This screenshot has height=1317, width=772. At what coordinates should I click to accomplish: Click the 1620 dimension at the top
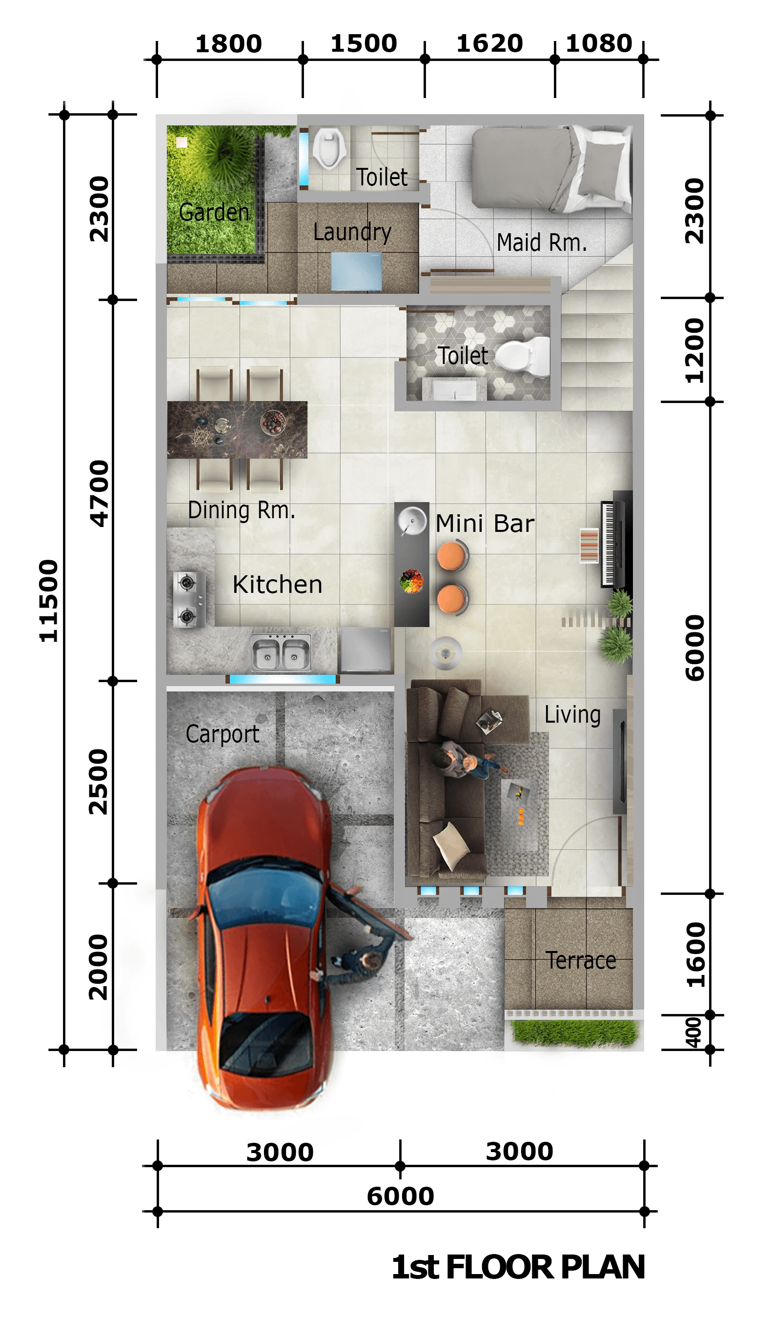489,43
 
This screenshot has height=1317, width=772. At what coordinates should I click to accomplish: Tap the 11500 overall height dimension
49,601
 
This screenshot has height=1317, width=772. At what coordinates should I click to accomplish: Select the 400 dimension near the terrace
693,1033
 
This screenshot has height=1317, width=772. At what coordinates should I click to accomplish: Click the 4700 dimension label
99,493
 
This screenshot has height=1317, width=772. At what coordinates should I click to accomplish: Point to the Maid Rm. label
542,243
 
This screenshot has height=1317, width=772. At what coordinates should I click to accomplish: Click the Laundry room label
352,232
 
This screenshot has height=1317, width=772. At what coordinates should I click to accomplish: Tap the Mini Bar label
485,524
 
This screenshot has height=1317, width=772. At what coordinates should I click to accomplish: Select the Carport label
222,734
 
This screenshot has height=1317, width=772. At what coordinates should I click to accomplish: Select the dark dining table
237,429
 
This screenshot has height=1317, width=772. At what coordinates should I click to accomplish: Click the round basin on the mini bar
412,521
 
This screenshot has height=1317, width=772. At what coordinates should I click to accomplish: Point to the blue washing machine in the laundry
356,271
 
